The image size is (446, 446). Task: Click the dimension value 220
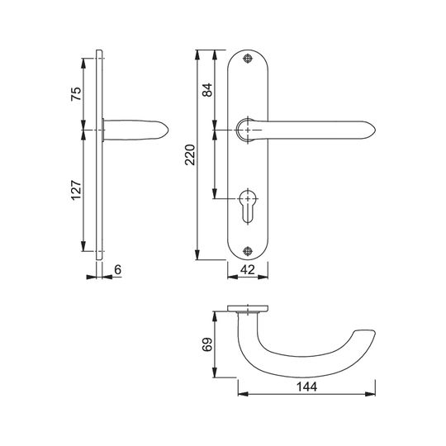pyautogui.click(x=190, y=155)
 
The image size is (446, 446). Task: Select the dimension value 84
pyautogui.click(x=207, y=90)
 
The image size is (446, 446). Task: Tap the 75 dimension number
pyautogui.click(x=76, y=94)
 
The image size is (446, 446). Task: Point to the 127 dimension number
pyautogui.click(x=76, y=190)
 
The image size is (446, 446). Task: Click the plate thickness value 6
pyautogui.click(x=118, y=269)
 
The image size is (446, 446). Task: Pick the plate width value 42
pyautogui.click(x=248, y=269)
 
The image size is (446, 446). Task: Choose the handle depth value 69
pyautogui.click(x=207, y=344)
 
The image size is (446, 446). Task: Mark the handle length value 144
pyautogui.click(x=306, y=387)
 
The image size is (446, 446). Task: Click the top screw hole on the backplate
pyautogui.click(x=248, y=59)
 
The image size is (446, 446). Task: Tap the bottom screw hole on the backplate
pyautogui.click(x=248, y=251)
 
